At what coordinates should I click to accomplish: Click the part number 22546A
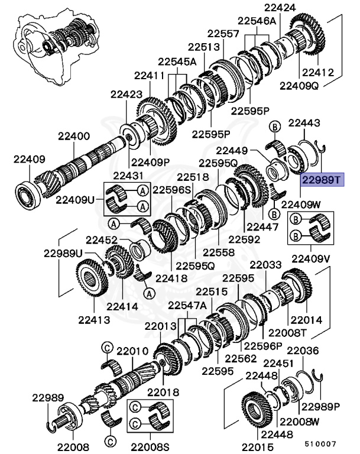[258, 21]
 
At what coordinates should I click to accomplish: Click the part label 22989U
[63, 253]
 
